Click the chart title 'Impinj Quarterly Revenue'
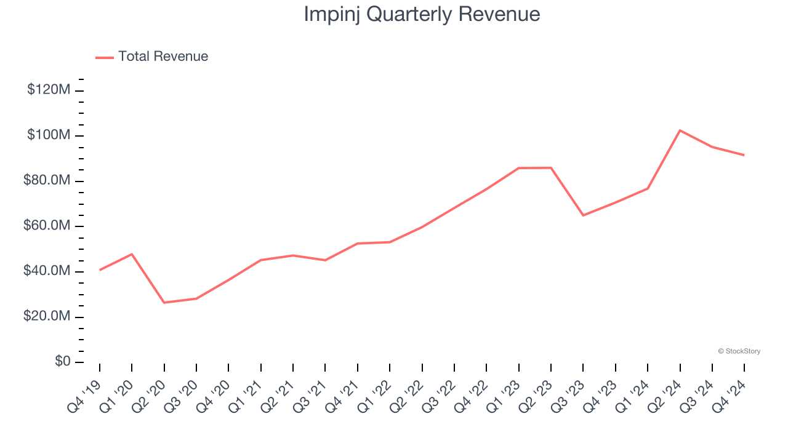coord(422,14)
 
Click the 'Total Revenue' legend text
coord(163,57)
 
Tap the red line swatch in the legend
coord(105,57)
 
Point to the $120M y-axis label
coord(49,90)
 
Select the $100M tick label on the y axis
coord(49,135)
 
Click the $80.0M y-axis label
coord(46,181)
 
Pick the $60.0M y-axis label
coord(46,226)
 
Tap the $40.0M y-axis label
coord(46,271)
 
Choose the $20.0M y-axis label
coord(46,317)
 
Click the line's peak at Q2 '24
coord(680,130)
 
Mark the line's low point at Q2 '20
coord(164,303)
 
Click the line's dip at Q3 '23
coord(583,215)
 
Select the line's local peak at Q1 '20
coord(132,254)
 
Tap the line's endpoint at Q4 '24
coord(744,155)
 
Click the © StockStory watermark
coord(739,351)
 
